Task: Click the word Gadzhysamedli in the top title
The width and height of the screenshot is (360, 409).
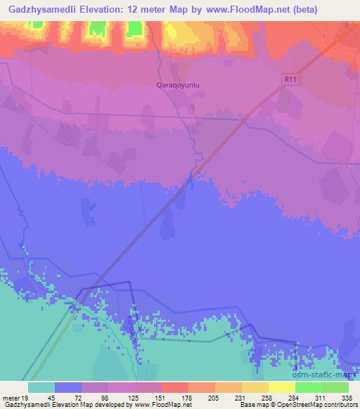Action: click(40, 10)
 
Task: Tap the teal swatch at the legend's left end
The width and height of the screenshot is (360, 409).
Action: click(41, 387)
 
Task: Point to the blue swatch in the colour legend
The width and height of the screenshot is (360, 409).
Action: click(68, 387)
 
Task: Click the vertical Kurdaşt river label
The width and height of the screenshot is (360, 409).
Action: click(131, 326)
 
